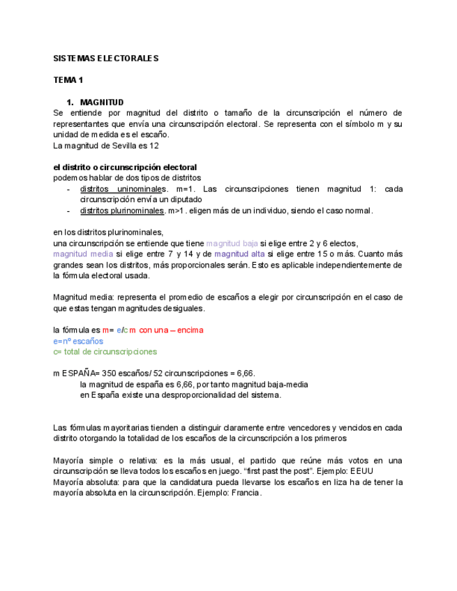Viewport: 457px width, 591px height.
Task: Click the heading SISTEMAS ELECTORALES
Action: click(107, 58)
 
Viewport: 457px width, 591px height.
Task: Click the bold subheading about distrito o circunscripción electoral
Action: click(125, 167)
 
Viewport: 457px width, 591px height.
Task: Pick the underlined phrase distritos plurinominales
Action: click(121, 210)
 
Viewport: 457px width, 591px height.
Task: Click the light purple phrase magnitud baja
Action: click(232, 243)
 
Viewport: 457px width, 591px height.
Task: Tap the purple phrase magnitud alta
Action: click(239, 254)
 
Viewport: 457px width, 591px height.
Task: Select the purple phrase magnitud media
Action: click(83, 254)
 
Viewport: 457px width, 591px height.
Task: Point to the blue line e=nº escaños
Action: click(78, 341)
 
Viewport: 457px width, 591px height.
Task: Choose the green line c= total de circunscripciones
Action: click(105, 352)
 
